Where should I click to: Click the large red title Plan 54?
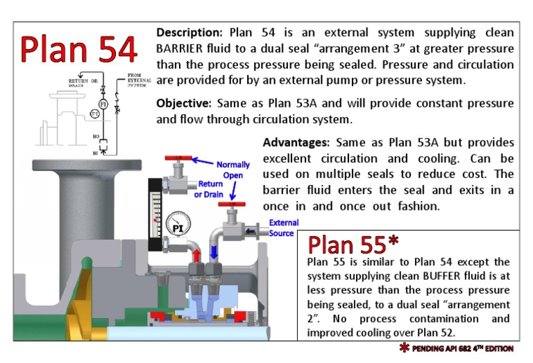coord(78,47)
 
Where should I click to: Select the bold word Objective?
coord(183,103)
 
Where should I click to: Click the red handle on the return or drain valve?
coord(178,159)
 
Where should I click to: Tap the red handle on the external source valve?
coord(231,204)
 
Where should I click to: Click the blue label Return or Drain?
coord(210,189)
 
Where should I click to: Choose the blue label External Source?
coord(284,228)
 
